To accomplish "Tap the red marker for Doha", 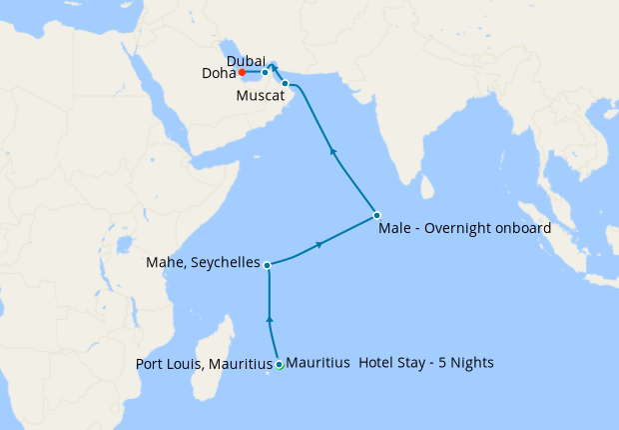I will pyautogui.click(x=242, y=72).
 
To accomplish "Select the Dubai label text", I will pyautogui.click(x=246, y=60).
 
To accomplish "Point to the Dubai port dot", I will pyautogui.click(x=265, y=73).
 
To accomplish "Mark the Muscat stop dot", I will pyautogui.click(x=286, y=83).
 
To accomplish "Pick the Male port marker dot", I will pyautogui.click(x=376, y=215).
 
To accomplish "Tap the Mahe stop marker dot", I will pyautogui.click(x=268, y=264).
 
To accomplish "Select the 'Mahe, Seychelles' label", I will pyautogui.click(x=204, y=265).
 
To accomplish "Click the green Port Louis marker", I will pyautogui.click(x=280, y=365).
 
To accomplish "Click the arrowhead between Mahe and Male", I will pyautogui.click(x=319, y=243).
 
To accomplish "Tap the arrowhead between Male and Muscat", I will pyautogui.click(x=332, y=152).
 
